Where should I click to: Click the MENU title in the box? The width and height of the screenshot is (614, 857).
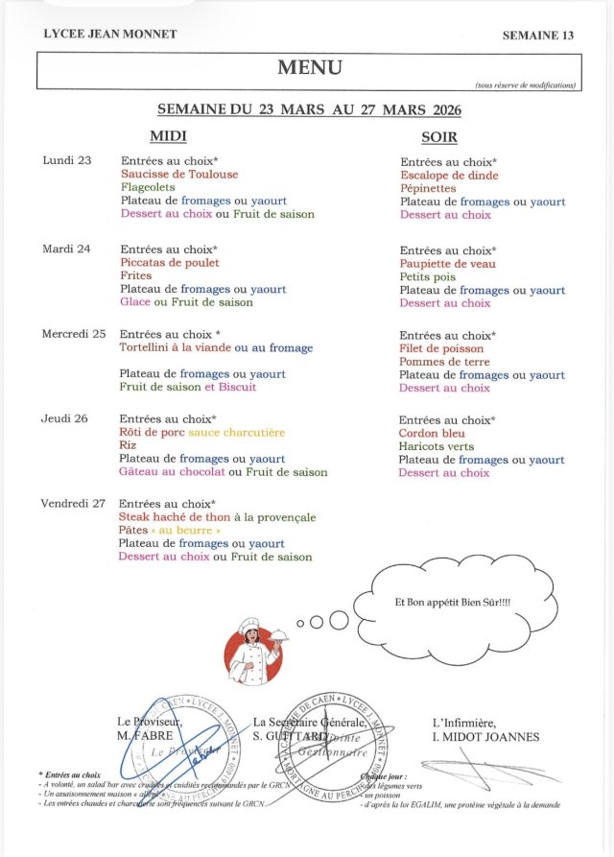[x=309, y=67]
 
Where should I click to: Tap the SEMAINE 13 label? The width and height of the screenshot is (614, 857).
[x=537, y=36]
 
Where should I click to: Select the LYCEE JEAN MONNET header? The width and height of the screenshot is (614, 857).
[x=110, y=35]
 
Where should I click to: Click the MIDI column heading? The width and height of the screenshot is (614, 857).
[x=168, y=136]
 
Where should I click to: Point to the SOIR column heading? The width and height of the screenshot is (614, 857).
[x=439, y=137]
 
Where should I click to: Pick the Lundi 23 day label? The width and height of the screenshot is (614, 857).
[x=67, y=160]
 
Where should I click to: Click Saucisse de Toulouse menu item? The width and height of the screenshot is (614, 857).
[x=179, y=175]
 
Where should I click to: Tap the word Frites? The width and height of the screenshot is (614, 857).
[x=136, y=275]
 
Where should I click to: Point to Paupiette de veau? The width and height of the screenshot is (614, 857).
[x=447, y=263]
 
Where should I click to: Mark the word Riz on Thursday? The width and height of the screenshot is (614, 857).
[x=129, y=445]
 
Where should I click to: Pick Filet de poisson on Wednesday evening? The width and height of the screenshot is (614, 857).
[x=440, y=349]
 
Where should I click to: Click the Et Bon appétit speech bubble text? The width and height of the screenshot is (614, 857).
[x=452, y=602]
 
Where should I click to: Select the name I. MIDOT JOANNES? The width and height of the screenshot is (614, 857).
[x=485, y=737]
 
